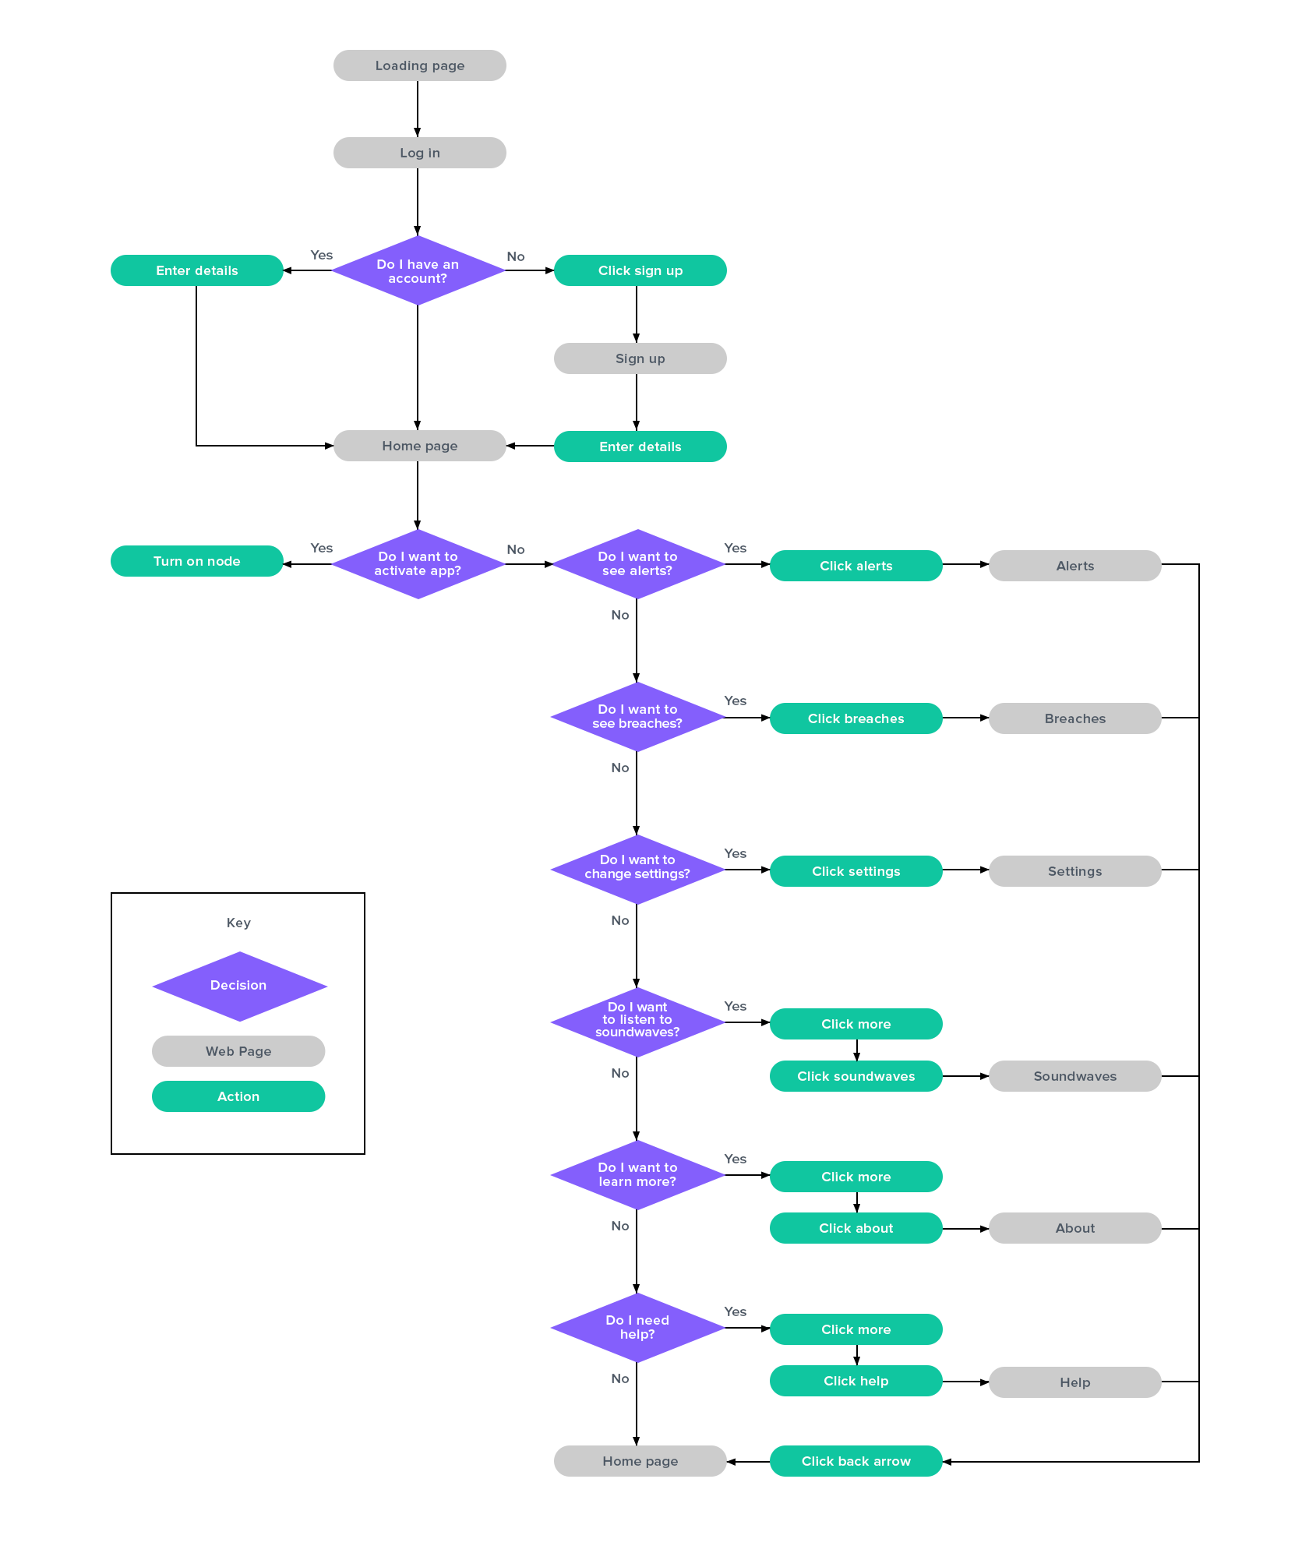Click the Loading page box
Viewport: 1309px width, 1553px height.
419,65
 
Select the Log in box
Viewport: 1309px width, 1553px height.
419,153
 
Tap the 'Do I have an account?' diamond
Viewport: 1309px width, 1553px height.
418,271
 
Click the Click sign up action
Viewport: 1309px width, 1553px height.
640,270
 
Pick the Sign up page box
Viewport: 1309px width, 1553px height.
640,358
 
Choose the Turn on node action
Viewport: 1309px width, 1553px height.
196,561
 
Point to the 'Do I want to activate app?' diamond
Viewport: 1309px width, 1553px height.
418,564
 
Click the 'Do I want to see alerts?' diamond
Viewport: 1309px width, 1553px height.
637,564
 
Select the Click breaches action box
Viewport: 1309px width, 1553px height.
856,718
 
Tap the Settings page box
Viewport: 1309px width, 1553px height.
1074,871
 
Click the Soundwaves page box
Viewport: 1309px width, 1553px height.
1074,1076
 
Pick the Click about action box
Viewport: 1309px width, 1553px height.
856,1228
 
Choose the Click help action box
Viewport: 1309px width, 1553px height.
856,1381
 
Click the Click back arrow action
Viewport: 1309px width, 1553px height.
856,1461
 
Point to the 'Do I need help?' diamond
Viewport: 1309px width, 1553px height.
637,1328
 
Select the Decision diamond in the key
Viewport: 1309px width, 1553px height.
239,986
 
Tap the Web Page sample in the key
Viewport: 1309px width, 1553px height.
238,1051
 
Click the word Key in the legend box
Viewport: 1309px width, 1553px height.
238,923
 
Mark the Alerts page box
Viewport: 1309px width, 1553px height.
1074,566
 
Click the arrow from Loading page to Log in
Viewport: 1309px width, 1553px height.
418,109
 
